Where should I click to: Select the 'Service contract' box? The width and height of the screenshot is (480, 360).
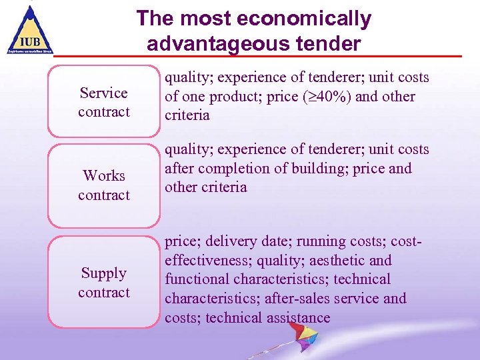pyautogui.click(x=103, y=102)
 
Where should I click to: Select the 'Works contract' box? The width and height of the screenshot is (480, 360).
pyautogui.click(x=103, y=185)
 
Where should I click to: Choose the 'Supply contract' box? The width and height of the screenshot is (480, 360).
pyautogui.click(x=103, y=282)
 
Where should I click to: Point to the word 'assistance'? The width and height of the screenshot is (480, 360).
pyautogui.click(x=298, y=317)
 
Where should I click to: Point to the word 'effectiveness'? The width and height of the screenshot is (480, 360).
pyautogui.click(x=207, y=261)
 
